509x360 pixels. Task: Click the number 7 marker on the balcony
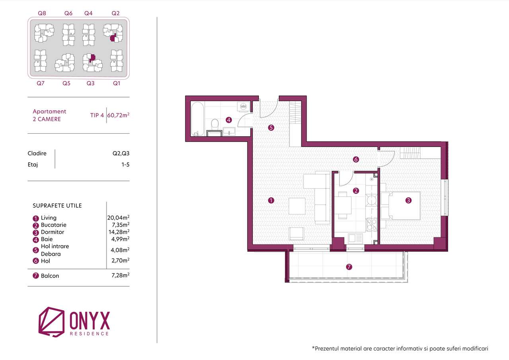coord(349,267)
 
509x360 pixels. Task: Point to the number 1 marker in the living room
coord(271,200)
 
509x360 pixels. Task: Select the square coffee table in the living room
coord(297,206)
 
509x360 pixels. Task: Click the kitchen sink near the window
coord(355,238)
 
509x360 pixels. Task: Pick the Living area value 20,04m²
coord(118,218)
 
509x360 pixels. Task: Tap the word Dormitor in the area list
coord(52,232)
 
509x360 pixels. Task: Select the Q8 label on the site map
coord(42,13)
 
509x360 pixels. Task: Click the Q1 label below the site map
coord(117,83)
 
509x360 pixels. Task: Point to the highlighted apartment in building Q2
coord(113,38)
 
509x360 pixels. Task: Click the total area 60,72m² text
coord(118,115)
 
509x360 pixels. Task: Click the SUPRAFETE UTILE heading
coord(57,206)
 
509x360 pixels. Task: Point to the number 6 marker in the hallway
coord(356,160)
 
